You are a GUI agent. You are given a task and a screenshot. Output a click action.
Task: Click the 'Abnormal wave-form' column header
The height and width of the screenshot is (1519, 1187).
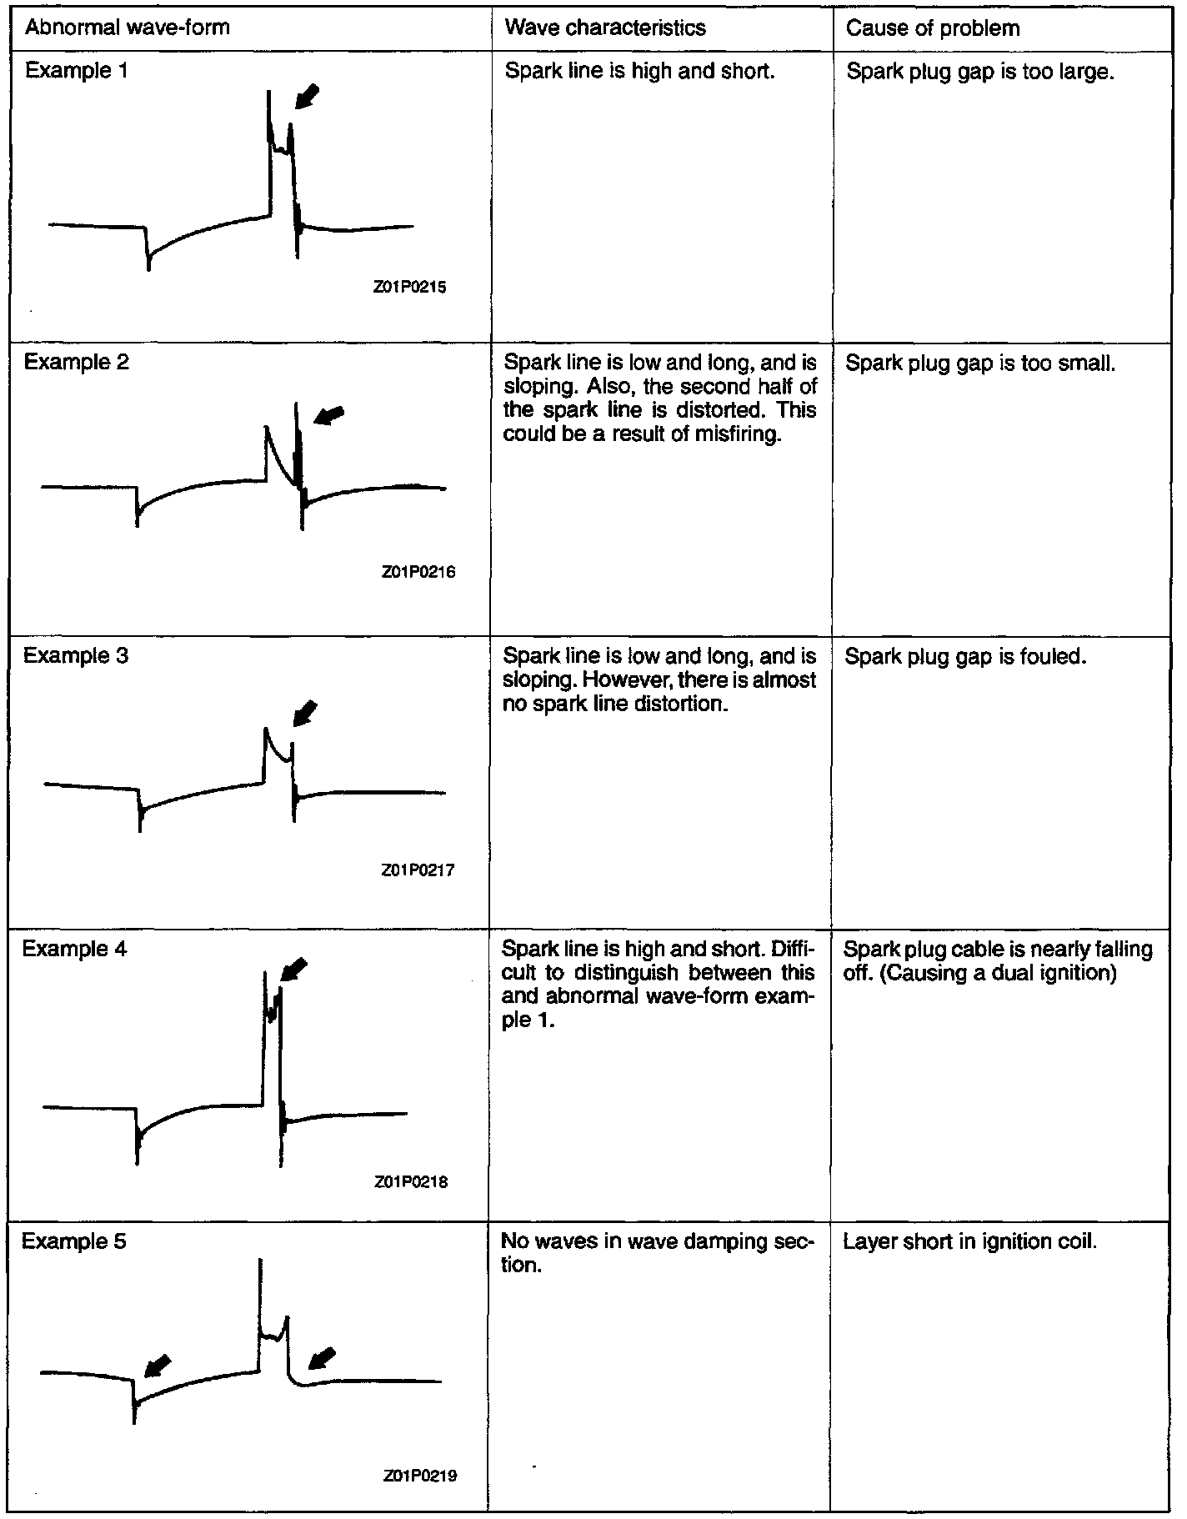127,28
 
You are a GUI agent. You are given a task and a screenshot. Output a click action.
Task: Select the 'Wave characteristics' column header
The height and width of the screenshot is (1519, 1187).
605,28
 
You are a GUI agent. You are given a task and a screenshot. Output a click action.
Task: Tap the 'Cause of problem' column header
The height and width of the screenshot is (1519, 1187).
933,28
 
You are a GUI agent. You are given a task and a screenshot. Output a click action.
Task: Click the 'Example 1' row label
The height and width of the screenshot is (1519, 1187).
77,70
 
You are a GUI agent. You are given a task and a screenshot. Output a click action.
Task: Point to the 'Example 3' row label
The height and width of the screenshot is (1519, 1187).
76,655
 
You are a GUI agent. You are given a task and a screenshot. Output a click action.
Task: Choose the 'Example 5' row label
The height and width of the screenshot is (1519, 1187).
74,1241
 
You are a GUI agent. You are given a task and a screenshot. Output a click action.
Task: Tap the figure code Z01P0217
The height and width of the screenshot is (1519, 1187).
418,870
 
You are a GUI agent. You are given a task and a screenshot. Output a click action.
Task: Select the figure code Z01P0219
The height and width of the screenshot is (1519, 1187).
420,1475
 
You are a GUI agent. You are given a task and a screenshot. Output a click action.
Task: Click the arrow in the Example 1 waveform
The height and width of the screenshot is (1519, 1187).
306,95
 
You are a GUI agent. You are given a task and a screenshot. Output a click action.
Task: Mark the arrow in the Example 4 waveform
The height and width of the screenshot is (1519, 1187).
293,970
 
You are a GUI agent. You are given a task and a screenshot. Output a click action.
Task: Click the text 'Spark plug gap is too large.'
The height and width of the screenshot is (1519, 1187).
980,72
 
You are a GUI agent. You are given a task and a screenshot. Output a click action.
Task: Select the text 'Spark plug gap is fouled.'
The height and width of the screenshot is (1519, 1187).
965,657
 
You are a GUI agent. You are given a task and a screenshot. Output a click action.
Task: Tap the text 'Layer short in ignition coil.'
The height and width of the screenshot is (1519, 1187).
969,1242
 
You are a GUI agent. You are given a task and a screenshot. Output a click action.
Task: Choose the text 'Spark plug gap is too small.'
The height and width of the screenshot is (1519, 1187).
980,363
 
